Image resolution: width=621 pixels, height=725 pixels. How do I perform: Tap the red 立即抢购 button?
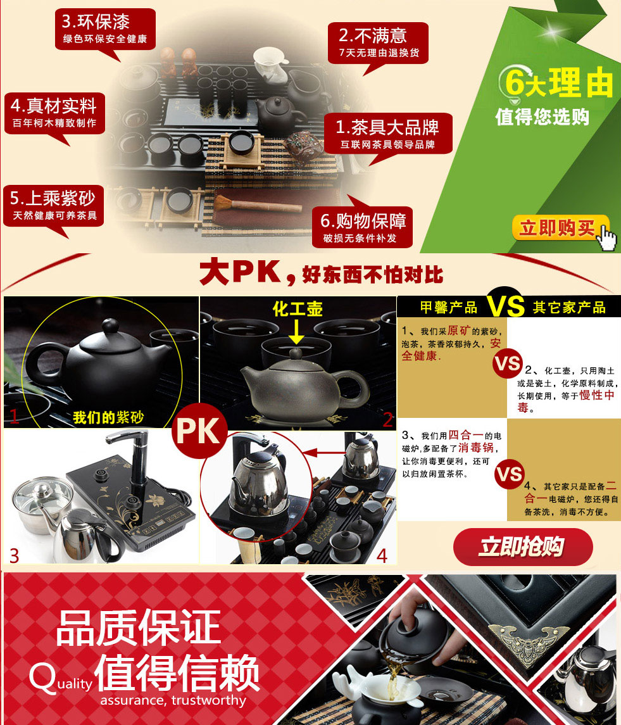(x=522, y=547)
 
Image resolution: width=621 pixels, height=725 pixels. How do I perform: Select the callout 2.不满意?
(x=379, y=43)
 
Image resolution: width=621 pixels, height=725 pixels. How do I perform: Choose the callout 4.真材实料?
(x=54, y=114)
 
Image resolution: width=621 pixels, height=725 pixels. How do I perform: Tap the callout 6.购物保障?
(x=363, y=227)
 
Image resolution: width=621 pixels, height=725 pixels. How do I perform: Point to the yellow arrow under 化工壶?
(x=296, y=332)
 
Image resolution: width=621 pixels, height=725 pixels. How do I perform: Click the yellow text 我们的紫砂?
(x=108, y=417)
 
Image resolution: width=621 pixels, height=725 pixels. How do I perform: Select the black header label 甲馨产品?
(x=449, y=307)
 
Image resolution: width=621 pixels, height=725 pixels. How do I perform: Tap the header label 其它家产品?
(x=569, y=307)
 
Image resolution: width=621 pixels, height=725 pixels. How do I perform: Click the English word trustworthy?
(x=208, y=700)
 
